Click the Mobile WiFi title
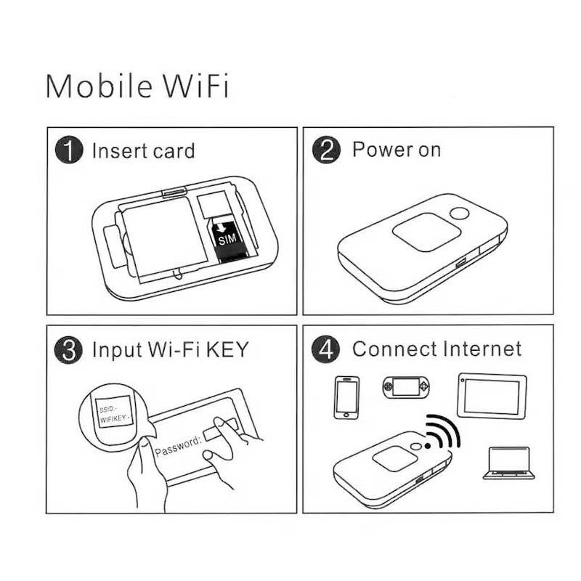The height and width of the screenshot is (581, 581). (137, 86)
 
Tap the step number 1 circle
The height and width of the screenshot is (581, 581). (69, 150)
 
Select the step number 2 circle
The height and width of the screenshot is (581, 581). (326, 150)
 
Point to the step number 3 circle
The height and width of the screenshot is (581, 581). (68, 349)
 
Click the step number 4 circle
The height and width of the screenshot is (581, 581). (325, 349)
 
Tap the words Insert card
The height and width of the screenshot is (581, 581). (143, 151)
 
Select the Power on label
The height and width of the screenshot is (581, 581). (397, 150)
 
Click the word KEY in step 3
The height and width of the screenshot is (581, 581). (227, 349)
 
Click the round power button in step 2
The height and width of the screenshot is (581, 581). (460, 214)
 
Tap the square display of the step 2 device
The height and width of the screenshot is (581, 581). (426, 232)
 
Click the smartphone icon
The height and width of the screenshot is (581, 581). (347, 397)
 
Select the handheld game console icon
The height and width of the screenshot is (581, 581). (406, 387)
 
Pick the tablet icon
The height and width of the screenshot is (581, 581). (492, 396)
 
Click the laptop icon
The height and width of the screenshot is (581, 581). (509, 463)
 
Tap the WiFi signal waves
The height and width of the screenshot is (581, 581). (444, 430)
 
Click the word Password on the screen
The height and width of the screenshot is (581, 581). (178, 446)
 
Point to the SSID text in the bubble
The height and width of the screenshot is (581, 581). (107, 409)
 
